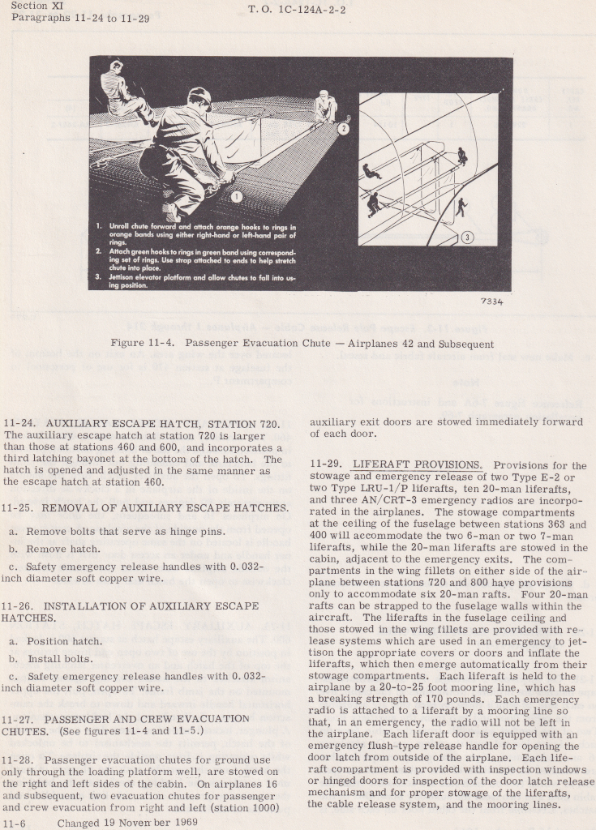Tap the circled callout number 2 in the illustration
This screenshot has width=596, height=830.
343,128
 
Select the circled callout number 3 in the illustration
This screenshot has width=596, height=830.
467,237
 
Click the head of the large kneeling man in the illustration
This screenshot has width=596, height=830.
199,99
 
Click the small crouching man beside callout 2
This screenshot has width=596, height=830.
326,107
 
